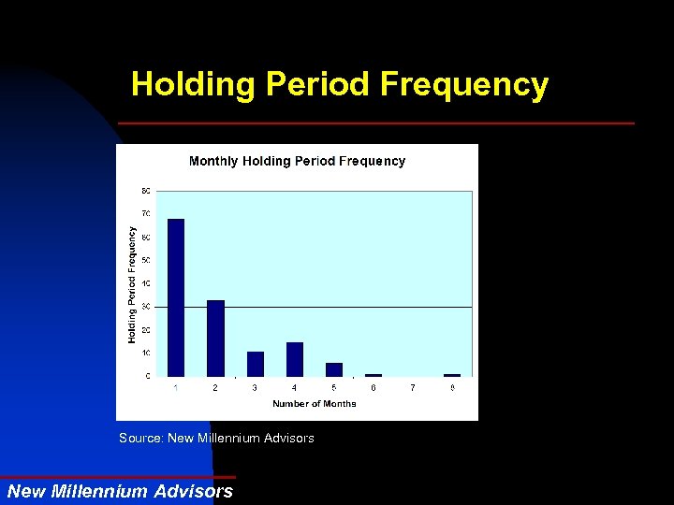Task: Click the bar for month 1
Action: [176, 297]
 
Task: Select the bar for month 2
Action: [215, 338]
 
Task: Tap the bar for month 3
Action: [255, 364]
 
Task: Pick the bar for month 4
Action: [295, 359]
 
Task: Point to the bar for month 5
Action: [334, 369]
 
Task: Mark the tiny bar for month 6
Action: [374, 375]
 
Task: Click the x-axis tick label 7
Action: [413, 387]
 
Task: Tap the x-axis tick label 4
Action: [295, 387]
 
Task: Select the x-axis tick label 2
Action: [215, 387]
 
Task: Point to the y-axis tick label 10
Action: [145, 353]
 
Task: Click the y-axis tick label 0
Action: [147, 376]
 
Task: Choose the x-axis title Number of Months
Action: [315, 404]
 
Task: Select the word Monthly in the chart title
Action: [213, 161]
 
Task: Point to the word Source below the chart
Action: [139, 438]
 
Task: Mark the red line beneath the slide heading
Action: [375, 123]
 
